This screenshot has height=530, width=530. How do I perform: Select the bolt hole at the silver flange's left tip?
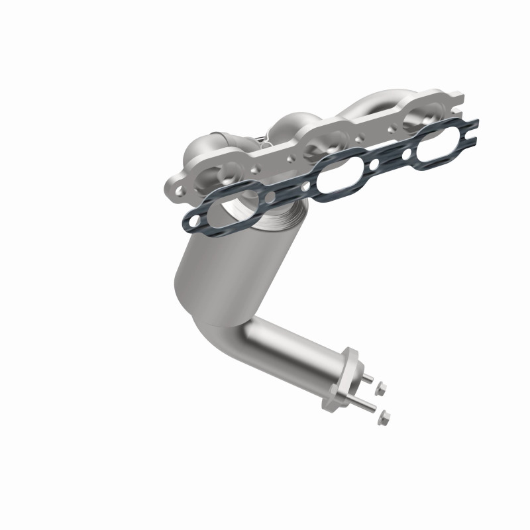(178, 193)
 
